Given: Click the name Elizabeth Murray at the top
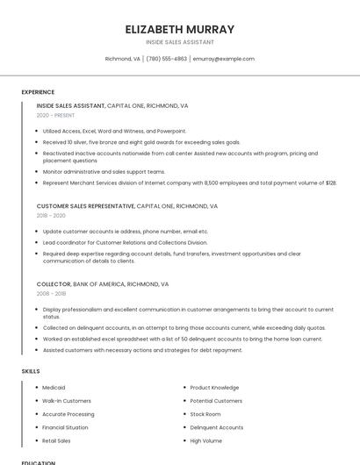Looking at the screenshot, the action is click(180, 29).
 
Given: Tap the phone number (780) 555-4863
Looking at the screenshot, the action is click(166, 59).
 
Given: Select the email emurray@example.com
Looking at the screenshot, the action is click(224, 59).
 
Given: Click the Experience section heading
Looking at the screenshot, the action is click(38, 91).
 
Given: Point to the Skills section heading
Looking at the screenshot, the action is click(31, 371).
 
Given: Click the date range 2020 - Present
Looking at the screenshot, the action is click(56, 115).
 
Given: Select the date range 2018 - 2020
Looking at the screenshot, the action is click(51, 215).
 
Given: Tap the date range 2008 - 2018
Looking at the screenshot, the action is click(51, 294).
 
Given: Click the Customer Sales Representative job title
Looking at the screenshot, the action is click(85, 206).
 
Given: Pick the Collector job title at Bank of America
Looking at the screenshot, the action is click(53, 284).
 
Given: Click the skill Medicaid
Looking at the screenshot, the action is click(54, 387).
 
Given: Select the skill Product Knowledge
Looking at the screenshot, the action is click(214, 387).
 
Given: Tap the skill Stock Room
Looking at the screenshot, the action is click(205, 414).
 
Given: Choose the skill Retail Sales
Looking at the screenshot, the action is click(57, 440).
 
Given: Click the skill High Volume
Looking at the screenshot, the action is click(206, 440).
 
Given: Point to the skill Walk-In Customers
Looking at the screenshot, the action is click(67, 401).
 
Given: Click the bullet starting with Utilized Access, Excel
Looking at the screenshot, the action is click(114, 131).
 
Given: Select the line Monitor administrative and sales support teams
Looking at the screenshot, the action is click(104, 172).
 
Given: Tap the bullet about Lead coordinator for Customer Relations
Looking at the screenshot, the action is click(125, 242).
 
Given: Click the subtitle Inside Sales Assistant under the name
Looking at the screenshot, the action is click(180, 42).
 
